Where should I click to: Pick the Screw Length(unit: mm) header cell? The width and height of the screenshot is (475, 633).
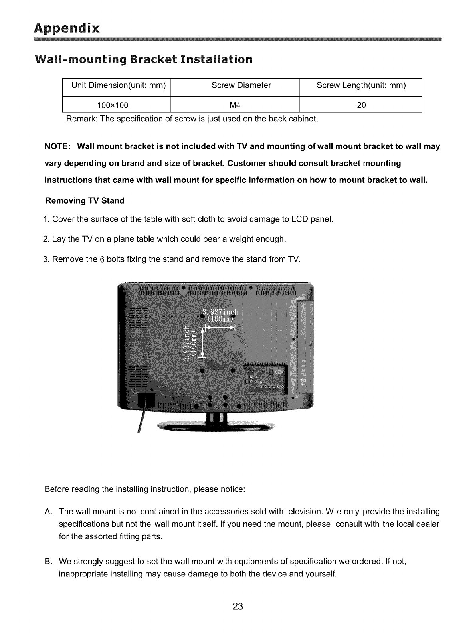click(x=361, y=85)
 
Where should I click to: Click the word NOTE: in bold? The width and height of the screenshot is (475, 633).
click(x=57, y=146)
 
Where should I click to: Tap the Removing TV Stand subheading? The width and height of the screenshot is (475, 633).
click(x=85, y=200)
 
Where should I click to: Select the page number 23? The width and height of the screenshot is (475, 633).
click(x=238, y=607)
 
